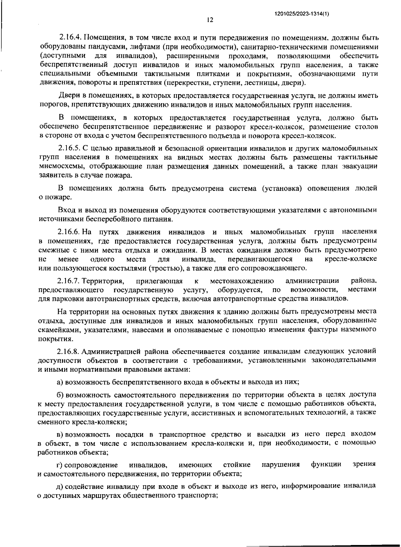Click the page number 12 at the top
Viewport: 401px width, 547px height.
[210, 20]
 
